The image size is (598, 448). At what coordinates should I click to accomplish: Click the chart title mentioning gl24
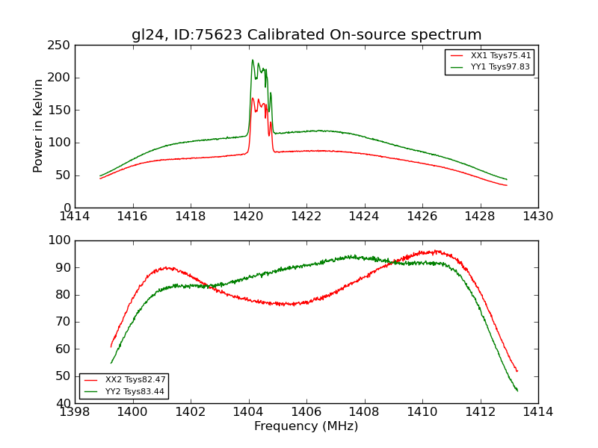306,35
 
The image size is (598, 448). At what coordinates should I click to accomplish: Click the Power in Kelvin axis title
38,126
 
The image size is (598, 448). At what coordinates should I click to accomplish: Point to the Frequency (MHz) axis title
306,426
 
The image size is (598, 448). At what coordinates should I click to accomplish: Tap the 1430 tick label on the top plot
537,217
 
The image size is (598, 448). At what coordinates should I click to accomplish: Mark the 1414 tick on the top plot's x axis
75,217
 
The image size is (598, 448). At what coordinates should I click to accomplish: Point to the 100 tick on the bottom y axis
61,240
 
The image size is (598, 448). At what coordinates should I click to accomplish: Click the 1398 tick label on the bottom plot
75,412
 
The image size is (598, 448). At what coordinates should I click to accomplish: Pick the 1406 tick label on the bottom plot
306,412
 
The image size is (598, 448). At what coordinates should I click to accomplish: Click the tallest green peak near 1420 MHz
253,60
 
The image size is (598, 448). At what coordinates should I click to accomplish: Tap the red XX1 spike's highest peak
253,98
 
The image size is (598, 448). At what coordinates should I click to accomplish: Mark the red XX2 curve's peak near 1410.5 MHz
437,251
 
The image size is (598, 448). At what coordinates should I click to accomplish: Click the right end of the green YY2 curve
517,391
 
